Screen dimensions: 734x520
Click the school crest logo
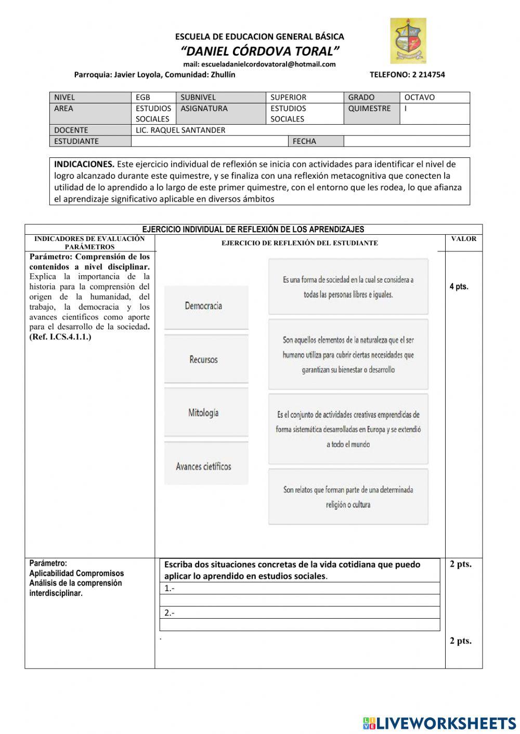[x=408, y=41]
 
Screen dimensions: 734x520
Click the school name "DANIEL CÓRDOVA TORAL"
[x=260, y=51]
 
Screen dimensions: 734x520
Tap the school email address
[x=259, y=64]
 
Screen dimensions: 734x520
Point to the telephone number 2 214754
[x=407, y=74]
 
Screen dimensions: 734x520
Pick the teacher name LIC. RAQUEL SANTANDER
[x=180, y=130]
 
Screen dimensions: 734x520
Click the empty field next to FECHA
[x=406, y=141]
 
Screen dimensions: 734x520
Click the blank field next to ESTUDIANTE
[x=210, y=141]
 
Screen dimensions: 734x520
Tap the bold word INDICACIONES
[x=84, y=164]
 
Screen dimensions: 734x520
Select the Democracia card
[x=206, y=306]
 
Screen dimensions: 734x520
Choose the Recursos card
[x=206, y=359]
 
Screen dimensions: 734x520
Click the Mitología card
[x=206, y=413]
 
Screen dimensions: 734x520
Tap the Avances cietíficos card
[x=206, y=466]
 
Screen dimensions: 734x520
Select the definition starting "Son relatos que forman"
[x=348, y=497]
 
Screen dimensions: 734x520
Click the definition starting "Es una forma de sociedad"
[x=348, y=287]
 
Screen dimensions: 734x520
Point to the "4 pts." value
[x=459, y=287]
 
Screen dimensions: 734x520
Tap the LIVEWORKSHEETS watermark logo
[x=439, y=723]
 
